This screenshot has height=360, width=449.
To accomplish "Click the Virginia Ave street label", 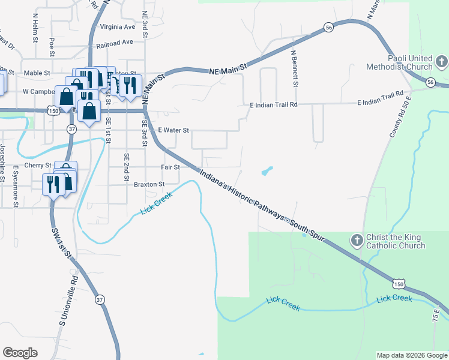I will [118, 27].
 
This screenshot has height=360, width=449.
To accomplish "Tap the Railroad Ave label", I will [114, 43].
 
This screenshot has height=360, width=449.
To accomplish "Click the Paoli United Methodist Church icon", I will [442, 61].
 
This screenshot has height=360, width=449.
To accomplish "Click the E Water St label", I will [173, 130].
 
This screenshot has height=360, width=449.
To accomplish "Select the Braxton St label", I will [149, 184].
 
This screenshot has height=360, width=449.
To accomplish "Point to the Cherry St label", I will [38, 165].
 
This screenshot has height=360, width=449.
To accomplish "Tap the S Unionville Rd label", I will [68, 301].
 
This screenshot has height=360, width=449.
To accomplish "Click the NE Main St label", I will [228, 70].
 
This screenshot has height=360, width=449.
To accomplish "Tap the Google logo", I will [20, 353].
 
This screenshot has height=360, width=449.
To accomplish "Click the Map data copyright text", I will [412, 355].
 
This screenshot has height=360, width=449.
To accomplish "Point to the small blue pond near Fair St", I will [267, 172].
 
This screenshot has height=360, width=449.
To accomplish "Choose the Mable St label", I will [37, 73].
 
